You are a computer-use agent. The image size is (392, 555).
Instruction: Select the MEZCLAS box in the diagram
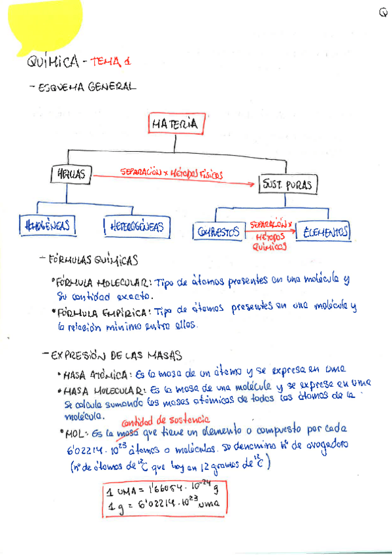coord(71,175)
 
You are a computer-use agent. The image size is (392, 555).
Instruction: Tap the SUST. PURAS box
coord(287,185)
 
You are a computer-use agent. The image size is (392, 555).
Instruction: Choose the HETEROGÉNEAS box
coord(137,227)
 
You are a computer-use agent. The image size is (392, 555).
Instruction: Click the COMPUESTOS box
coord(219,231)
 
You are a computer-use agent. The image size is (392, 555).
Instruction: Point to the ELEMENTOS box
coord(323,231)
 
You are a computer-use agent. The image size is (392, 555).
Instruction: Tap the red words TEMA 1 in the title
coord(111,61)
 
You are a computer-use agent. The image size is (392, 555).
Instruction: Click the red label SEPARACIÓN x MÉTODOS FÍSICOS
coord(171,174)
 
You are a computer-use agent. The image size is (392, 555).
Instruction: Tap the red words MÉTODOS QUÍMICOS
coord(270,242)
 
